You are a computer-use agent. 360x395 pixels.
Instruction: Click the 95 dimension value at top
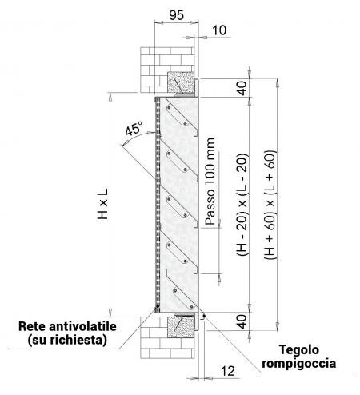177,15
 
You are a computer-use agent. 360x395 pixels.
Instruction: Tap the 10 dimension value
219,30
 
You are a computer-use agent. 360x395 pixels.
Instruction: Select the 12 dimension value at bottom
228,371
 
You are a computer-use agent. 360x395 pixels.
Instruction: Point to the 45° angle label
134,129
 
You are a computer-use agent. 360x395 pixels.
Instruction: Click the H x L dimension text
102,204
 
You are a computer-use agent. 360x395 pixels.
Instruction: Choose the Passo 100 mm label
210,182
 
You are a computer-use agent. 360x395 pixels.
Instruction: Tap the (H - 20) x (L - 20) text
242,204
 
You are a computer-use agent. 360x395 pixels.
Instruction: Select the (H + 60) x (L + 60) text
270,205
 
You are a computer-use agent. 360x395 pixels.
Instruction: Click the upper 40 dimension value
242,88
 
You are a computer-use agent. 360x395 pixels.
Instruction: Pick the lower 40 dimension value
242,321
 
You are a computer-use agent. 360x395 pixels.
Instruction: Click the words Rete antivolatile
67,326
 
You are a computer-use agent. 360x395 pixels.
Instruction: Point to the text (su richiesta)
67,340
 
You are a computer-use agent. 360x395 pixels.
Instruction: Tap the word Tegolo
298,350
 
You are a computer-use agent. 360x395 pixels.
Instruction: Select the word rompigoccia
298,364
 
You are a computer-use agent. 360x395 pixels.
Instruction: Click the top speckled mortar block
181,82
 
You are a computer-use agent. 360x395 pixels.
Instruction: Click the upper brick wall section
167,70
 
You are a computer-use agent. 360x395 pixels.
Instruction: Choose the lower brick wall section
167,337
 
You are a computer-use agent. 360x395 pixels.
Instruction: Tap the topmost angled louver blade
182,114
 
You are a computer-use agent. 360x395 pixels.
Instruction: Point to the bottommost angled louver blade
182,290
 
